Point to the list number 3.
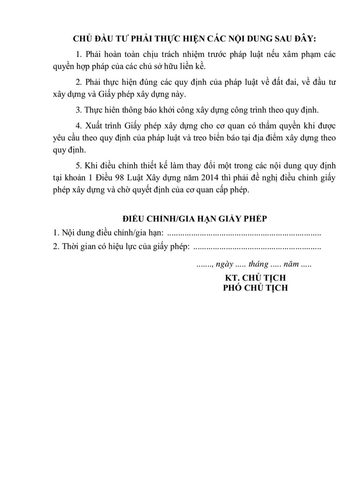[x=78, y=110]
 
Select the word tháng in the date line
[x=258, y=264]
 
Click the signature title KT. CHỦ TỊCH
[x=255, y=278]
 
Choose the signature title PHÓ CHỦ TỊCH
[x=255, y=288]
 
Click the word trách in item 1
[x=176, y=55]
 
